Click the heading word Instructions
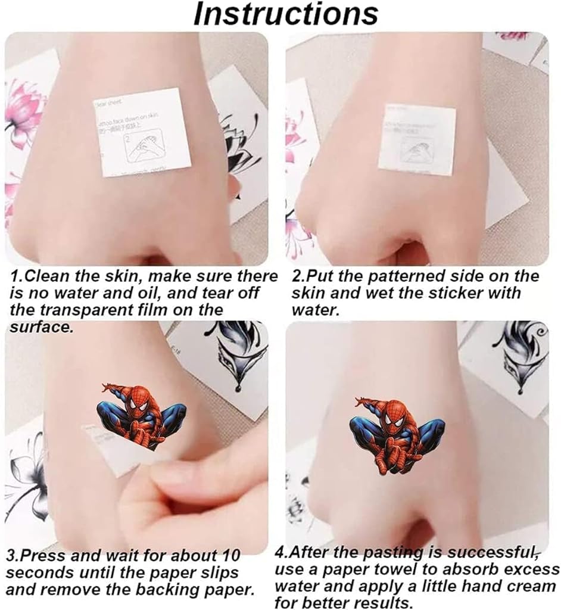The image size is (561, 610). coord(285,14)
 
